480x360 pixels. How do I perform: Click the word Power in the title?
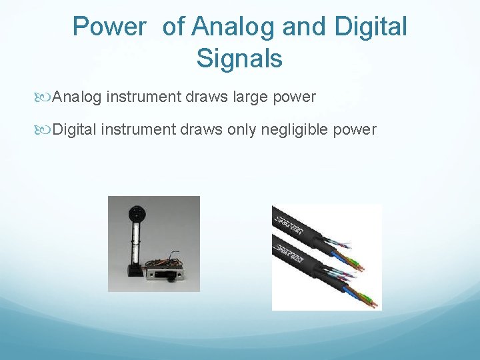point(109,27)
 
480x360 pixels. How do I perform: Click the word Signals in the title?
point(239,59)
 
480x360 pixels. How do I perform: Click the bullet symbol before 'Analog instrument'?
point(45,97)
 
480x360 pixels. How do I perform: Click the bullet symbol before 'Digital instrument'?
point(45,129)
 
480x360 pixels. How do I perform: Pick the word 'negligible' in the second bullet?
point(299,129)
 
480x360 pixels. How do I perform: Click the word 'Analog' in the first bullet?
point(77,97)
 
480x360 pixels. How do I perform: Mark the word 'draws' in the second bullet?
point(202,129)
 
